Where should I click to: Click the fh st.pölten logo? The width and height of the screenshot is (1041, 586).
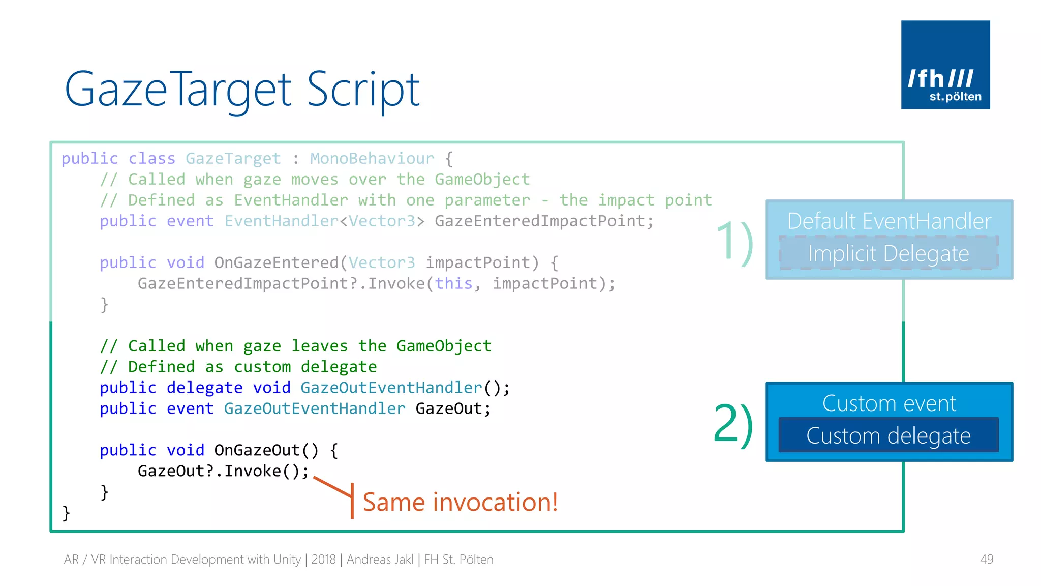(945, 65)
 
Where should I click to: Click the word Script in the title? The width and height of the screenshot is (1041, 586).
(363, 90)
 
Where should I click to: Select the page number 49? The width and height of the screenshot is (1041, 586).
(986, 559)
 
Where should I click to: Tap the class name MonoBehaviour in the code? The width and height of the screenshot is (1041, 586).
(372, 159)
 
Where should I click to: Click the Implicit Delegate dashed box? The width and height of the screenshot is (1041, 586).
(888, 253)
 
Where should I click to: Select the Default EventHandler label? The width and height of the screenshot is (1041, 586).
(889, 221)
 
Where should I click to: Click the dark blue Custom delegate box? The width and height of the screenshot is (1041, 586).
(888, 435)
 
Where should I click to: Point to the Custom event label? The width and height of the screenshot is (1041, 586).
(889, 403)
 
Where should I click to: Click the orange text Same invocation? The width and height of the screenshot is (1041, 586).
(460, 502)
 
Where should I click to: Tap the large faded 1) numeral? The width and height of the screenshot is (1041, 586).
(734, 243)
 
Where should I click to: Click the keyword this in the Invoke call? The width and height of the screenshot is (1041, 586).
(453, 283)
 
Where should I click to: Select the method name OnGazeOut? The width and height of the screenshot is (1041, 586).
(257, 450)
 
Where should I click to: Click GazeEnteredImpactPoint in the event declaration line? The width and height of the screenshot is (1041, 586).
(539, 221)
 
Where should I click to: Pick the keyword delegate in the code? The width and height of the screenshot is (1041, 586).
(204, 388)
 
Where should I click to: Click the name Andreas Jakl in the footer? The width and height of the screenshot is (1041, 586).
(380, 560)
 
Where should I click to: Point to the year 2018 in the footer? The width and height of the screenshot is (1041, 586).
(323, 560)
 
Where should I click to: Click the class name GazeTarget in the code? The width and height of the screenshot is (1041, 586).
(233, 159)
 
